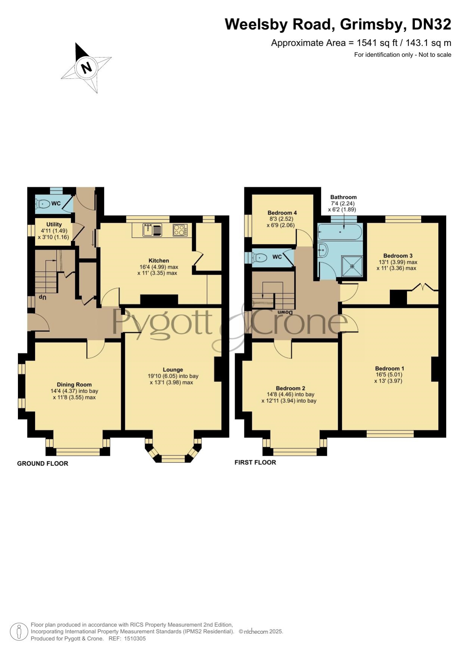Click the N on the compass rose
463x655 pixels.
pyautogui.click(x=87, y=68)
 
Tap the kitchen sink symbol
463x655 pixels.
pyautogui.click(x=152, y=230)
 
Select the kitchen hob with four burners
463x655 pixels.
pyautogui.click(x=180, y=230)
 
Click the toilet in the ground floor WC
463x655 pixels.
pyautogui.click(x=43, y=204)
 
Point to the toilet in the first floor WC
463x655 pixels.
pyautogui.click(x=259, y=257)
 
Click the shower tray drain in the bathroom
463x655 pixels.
pyautogui.click(x=352, y=266)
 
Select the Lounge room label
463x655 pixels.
pyautogui.click(x=173, y=370)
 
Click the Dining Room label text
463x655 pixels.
pyautogui.click(x=74, y=384)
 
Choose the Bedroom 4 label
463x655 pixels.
pyautogui.click(x=282, y=213)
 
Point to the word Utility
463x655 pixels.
pyautogui.click(x=54, y=224)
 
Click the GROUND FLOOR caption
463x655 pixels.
pyautogui.click(x=43, y=464)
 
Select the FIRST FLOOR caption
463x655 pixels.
pyautogui.click(x=255, y=462)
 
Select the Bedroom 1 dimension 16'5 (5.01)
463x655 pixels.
pyautogui.click(x=389, y=375)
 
